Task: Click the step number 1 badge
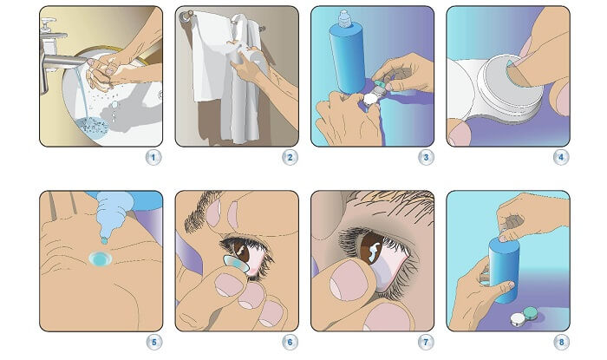(153, 158)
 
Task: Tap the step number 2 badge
(290, 158)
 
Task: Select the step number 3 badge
(426, 158)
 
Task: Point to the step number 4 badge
(561, 158)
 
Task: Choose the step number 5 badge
(154, 342)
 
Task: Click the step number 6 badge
(290, 342)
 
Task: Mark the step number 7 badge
(426, 342)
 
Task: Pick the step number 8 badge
(561, 342)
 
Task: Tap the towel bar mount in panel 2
(186, 16)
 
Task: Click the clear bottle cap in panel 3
(344, 18)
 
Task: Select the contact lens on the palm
(100, 259)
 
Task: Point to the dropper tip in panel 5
(104, 241)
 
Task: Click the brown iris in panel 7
(370, 248)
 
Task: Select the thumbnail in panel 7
(347, 282)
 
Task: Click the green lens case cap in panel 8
(529, 313)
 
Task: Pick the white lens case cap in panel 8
(518, 319)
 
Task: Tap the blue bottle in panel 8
(503, 269)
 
